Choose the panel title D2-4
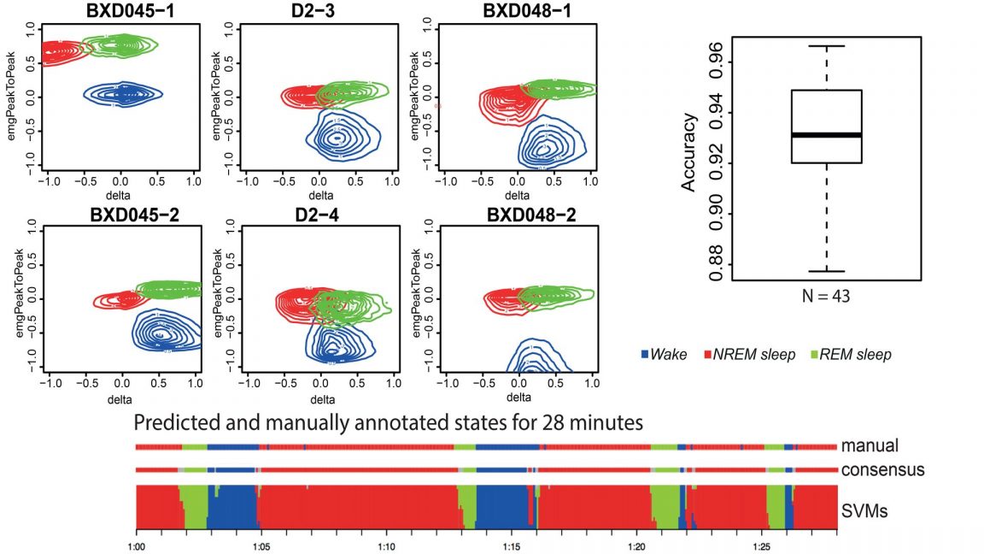[x=319, y=214]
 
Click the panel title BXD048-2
[x=516, y=214]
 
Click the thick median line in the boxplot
[x=826, y=135]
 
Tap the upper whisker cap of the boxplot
[x=826, y=46]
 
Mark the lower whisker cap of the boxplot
[x=826, y=271]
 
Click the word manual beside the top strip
[x=870, y=445]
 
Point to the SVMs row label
[x=864, y=510]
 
